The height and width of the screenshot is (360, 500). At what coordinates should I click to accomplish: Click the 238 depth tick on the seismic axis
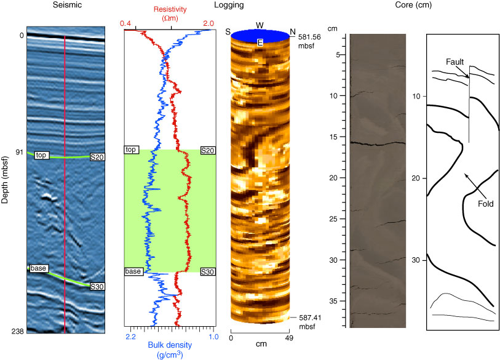coord(17,332)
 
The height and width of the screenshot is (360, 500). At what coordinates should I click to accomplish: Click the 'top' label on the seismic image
coord(41,154)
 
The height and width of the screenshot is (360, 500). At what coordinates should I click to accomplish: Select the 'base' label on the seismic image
coord(38,268)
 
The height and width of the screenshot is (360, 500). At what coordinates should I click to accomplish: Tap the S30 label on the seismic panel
coord(97,286)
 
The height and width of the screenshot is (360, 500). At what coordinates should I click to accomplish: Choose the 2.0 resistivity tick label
coord(208,23)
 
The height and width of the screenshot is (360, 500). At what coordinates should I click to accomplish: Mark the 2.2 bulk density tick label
coord(130,338)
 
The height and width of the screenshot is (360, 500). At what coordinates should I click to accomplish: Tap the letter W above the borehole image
coord(260,25)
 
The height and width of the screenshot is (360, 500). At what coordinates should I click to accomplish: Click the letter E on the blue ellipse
coord(260,42)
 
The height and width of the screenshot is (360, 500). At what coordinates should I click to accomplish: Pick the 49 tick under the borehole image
coord(288,338)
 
